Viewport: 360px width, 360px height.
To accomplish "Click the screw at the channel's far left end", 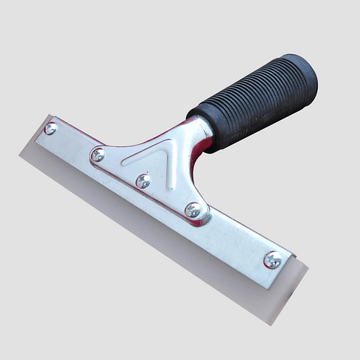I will [x=50, y=128].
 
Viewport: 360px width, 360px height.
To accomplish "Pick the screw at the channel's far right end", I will [x=272, y=260].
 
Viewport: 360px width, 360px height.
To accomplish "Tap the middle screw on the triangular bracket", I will [x=142, y=181].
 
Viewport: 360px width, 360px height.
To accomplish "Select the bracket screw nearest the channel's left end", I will [x=97, y=155].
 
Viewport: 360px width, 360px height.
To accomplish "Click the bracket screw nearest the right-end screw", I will [x=193, y=210].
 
